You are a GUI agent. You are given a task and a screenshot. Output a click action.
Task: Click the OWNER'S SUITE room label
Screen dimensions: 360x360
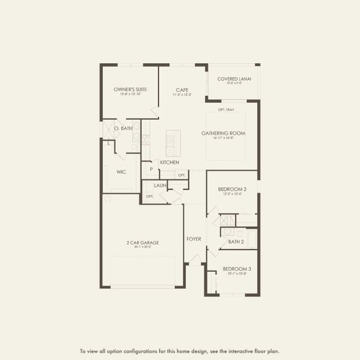[130, 89]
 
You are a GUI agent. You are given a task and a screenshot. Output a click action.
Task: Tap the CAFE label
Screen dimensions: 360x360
[182, 89]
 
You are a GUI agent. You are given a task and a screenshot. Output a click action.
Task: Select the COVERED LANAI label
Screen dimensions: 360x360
[234, 79]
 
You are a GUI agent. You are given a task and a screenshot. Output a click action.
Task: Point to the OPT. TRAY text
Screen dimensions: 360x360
[226, 109]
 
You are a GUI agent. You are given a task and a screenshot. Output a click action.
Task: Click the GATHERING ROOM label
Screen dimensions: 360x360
[223, 133]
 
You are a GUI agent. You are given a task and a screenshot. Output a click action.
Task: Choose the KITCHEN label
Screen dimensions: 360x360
[169, 163]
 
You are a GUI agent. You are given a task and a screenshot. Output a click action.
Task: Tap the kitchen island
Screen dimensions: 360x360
[173, 143]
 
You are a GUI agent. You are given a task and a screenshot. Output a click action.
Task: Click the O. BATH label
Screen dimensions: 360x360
[124, 128]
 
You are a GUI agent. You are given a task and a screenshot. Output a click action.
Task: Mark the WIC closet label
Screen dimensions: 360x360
[121, 171]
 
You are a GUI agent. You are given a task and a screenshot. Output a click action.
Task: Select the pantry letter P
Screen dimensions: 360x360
[151, 169]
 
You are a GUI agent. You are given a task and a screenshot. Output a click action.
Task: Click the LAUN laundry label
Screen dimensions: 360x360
[160, 185]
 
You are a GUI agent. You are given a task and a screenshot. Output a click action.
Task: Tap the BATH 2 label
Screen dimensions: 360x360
[236, 242]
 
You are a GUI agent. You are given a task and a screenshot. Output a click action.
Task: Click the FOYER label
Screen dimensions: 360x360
[194, 239]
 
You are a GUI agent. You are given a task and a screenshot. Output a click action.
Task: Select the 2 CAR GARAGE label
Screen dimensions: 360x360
[143, 242]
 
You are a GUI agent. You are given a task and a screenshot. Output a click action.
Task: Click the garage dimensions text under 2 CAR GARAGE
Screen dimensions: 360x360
[143, 247]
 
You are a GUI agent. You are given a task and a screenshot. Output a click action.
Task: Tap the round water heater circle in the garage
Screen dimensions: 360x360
[107, 197]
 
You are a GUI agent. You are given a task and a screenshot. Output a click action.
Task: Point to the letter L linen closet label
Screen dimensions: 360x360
[109, 143]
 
